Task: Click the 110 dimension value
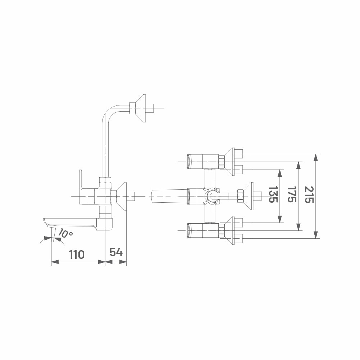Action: (x=77, y=255)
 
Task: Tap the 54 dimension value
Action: (x=116, y=252)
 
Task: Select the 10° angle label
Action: (x=65, y=233)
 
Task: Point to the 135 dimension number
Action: (x=273, y=194)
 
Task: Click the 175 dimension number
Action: (x=292, y=194)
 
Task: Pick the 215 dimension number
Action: (x=309, y=194)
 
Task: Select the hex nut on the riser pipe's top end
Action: (x=132, y=108)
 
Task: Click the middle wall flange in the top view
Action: (x=248, y=196)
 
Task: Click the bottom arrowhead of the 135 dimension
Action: (x=280, y=219)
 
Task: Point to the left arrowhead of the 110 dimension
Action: (x=55, y=262)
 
